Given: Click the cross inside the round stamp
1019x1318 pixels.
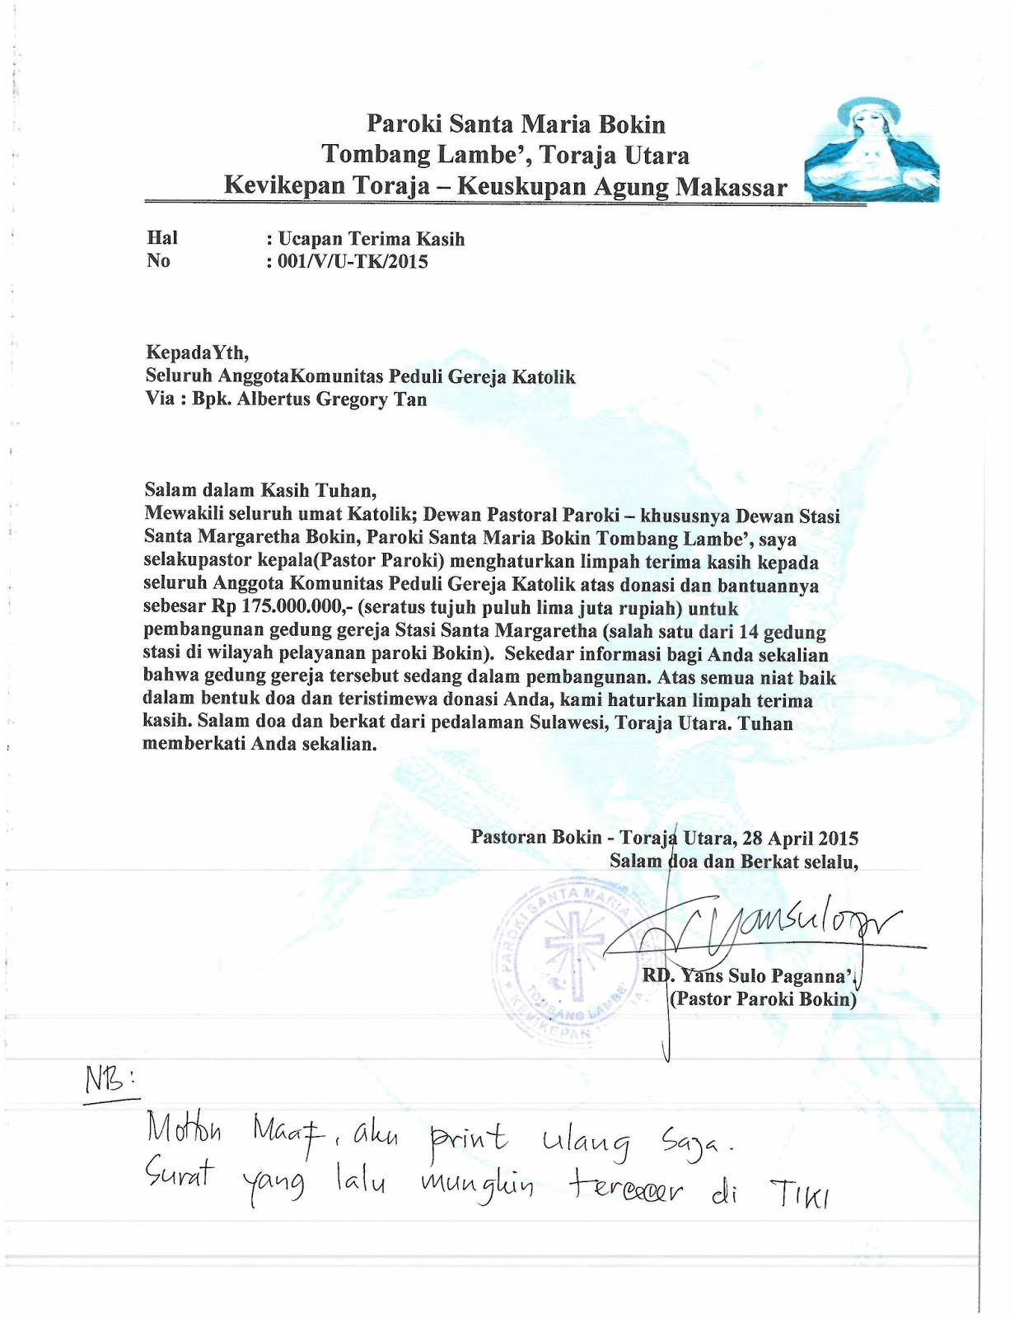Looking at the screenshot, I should point(570,947).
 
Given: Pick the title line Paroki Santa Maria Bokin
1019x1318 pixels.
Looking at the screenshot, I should point(516,124).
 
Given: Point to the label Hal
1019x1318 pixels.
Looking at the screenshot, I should point(161,238).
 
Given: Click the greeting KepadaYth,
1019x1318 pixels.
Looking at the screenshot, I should point(196,353).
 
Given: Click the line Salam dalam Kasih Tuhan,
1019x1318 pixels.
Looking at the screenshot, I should point(260,490).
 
